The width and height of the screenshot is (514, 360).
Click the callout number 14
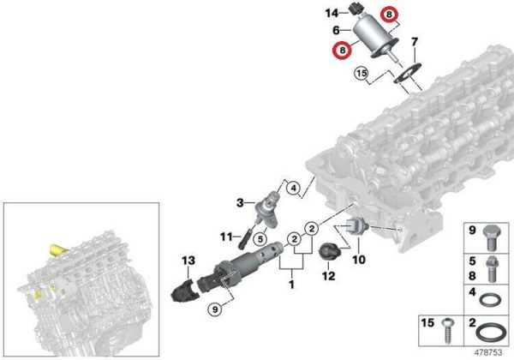coord(332,13)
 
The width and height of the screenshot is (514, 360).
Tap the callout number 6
coord(336,30)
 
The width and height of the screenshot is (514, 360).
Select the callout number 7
coord(415,42)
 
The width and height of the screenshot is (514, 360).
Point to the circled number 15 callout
coord(362,73)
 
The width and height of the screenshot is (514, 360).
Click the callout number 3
coord(240,203)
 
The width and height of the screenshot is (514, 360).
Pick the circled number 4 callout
coord(293,189)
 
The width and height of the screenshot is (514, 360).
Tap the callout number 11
coord(226,237)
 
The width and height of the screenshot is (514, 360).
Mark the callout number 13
coord(188,261)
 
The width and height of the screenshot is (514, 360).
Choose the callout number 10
coord(359,260)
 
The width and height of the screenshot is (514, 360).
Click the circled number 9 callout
coord(215,309)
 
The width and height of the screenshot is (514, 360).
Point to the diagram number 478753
coord(488,352)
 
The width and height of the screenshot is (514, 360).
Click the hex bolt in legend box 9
coord(490,238)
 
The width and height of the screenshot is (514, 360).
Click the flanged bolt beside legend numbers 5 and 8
coord(491,269)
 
